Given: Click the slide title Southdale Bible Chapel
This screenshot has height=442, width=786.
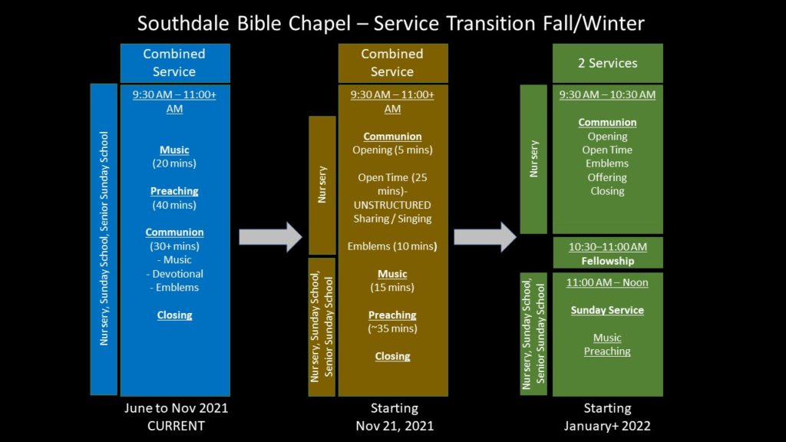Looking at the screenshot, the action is point(244,24).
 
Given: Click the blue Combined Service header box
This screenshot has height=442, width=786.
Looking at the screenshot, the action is point(175,63).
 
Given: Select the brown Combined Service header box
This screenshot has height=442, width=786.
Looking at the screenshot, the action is point(393,63).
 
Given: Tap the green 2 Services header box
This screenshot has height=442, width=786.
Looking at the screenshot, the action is point(608,63).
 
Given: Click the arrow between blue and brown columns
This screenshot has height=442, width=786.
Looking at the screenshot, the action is point(270,237).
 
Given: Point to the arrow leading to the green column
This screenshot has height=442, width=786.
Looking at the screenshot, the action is point(485,237).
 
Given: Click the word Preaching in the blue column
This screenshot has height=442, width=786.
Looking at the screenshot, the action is point(174,191).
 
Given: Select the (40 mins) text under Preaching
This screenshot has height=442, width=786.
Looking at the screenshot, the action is point(174,205).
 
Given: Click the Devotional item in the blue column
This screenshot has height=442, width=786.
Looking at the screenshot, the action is point(175,274).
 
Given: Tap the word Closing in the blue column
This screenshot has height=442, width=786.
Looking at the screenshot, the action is point(174,315).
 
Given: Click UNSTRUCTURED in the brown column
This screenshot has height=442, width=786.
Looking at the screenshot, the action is point(392,205).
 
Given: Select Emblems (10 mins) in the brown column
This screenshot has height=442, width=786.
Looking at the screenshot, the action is point(392,246).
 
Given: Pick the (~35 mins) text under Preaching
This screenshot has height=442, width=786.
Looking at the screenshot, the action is point(392,328).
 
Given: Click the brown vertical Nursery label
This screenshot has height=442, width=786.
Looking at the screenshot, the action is point(322,184).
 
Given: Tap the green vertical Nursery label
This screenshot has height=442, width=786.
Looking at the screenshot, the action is point(533,158).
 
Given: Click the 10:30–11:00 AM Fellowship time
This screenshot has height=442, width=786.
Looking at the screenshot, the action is point(608,247).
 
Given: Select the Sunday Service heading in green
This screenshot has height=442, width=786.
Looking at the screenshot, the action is point(607,310).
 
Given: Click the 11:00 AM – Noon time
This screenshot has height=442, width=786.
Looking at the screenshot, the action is point(607,282).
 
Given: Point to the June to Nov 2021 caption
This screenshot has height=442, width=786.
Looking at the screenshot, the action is point(176,408).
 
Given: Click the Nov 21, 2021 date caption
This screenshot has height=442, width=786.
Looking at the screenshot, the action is point(395,426).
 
